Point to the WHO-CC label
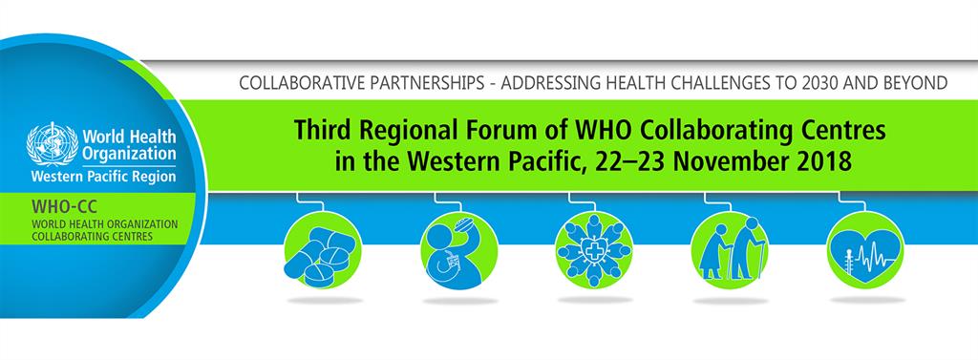click(56, 205)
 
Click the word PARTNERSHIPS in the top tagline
click(423, 83)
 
